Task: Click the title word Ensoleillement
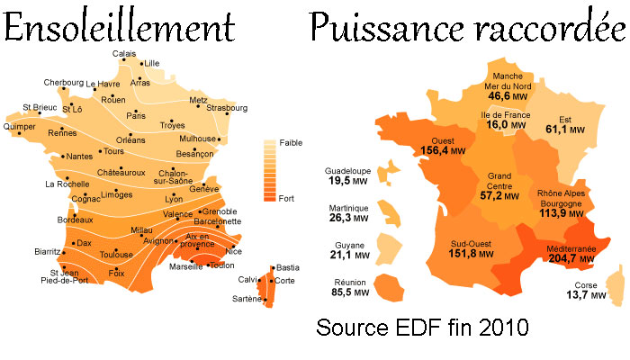119,29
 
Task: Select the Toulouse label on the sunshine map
116,255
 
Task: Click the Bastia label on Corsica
287,268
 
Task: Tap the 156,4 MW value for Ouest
443,150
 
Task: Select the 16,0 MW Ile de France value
506,125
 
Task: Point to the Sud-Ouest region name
471,243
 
